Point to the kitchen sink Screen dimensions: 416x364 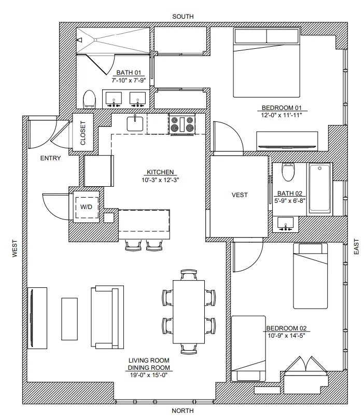click(x=136, y=123)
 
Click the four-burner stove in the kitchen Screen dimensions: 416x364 click(x=183, y=124)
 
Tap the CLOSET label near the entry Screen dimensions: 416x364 click(x=82, y=133)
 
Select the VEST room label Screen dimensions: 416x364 click(x=239, y=195)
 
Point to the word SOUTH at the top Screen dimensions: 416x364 click(x=183, y=17)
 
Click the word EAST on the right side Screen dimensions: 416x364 click(x=356, y=246)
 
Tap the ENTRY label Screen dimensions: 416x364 click(x=50, y=159)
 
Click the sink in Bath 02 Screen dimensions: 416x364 click(x=285, y=223)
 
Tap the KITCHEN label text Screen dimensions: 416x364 click(x=160, y=173)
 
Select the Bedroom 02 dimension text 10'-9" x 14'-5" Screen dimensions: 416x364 click(x=287, y=335)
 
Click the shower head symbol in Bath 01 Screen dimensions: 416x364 click(x=80, y=39)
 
